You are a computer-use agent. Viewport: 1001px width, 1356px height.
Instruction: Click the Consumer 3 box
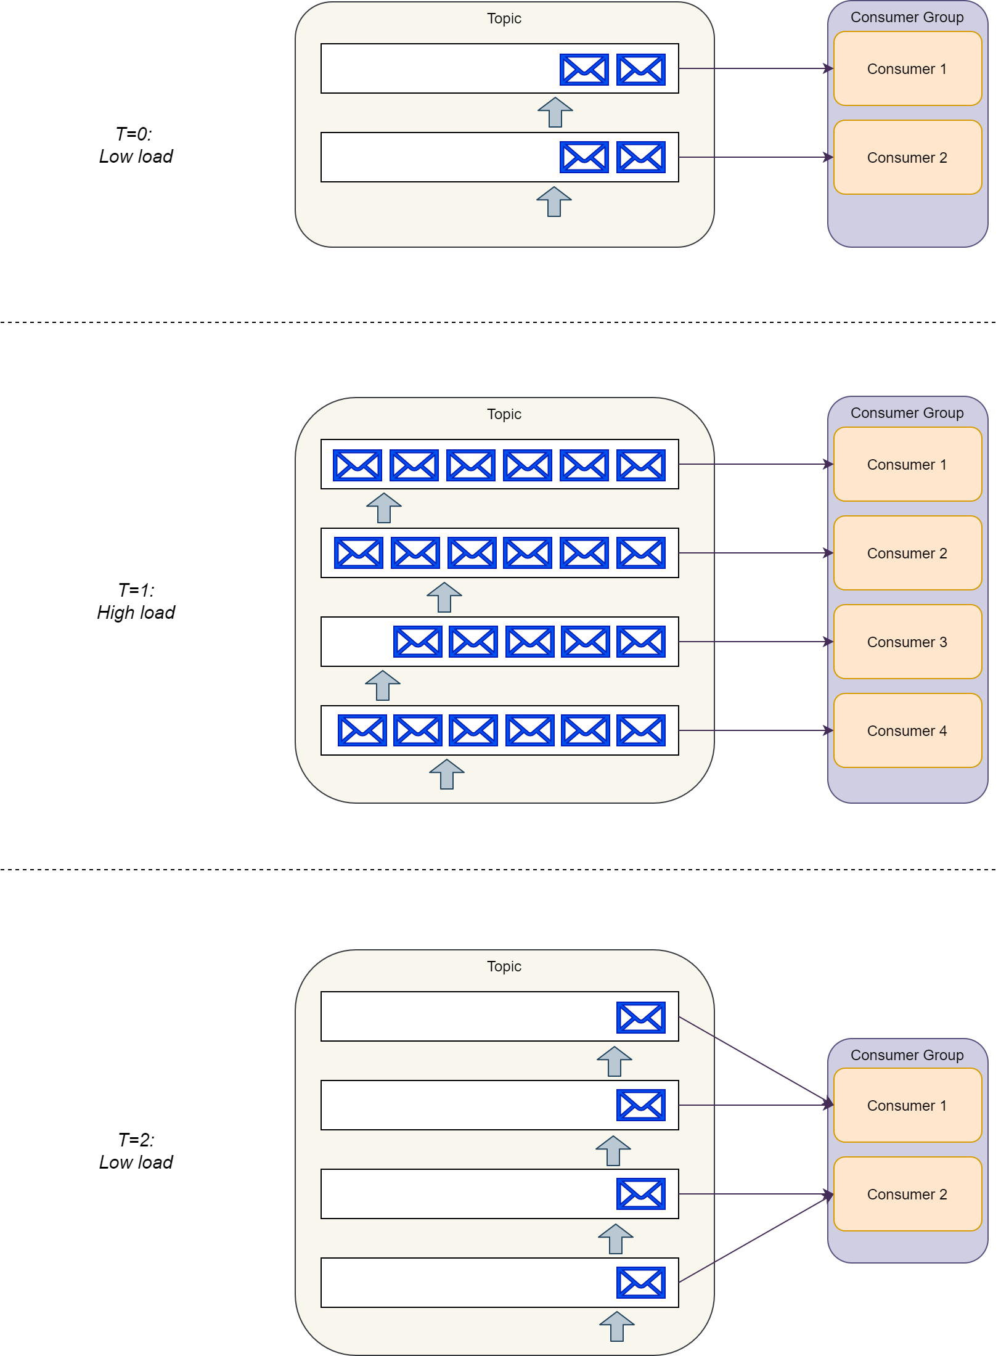[907, 642]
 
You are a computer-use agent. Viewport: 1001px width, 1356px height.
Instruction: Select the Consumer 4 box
[907, 730]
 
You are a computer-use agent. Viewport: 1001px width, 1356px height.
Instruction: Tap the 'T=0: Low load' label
[136, 145]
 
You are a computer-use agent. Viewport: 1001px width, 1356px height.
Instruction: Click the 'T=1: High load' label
[136, 602]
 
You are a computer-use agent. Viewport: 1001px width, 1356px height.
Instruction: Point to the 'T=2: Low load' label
[136, 1151]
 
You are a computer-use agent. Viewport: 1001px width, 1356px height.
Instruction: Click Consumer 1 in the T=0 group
[907, 68]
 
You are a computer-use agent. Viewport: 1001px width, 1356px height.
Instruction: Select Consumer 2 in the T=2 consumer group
[907, 1194]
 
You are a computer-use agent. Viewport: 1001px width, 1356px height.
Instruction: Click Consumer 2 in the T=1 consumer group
[907, 553]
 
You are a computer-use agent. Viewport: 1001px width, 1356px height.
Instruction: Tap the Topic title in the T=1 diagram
[504, 414]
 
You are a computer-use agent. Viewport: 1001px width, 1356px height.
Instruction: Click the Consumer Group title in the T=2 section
[907, 1055]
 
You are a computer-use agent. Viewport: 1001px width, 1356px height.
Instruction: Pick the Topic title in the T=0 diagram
[504, 18]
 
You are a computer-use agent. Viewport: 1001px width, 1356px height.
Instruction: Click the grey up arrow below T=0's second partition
[554, 202]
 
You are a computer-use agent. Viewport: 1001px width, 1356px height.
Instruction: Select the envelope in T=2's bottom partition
[641, 1283]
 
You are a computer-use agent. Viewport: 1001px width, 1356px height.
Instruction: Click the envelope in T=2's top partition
[641, 1017]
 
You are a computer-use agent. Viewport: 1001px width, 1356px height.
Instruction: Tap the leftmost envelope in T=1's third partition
[417, 642]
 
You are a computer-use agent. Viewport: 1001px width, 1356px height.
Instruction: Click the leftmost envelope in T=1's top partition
[357, 465]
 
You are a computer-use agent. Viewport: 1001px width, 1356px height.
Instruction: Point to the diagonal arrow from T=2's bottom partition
[755, 1239]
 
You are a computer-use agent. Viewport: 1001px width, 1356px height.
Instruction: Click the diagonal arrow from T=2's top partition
[755, 1060]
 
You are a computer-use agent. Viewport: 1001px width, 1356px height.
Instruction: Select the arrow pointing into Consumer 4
[755, 730]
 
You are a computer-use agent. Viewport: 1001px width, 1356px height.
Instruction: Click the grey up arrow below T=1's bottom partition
[447, 774]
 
